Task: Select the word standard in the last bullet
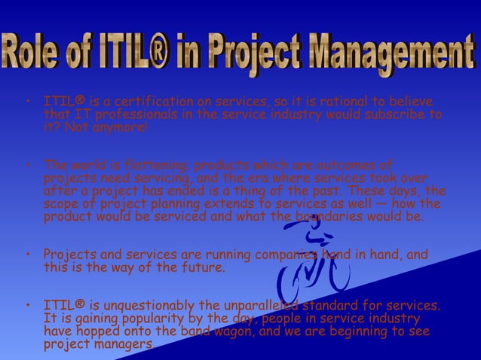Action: click(x=339, y=305)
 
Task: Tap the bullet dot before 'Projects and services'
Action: click(x=27, y=255)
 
